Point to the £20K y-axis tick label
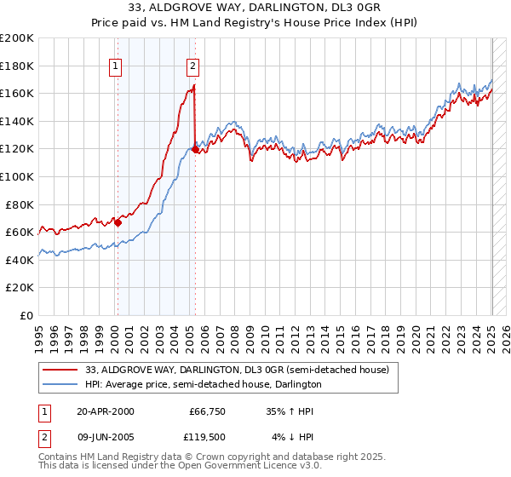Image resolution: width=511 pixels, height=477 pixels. tap(20, 288)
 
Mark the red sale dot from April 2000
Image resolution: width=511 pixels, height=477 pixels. tap(118, 222)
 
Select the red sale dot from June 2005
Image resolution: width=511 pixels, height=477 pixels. tap(195, 149)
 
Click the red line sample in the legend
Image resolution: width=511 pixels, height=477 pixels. tap(60, 370)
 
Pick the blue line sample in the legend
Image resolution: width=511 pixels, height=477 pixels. tap(60, 384)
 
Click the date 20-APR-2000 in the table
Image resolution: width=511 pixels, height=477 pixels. tap(106, 411)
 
